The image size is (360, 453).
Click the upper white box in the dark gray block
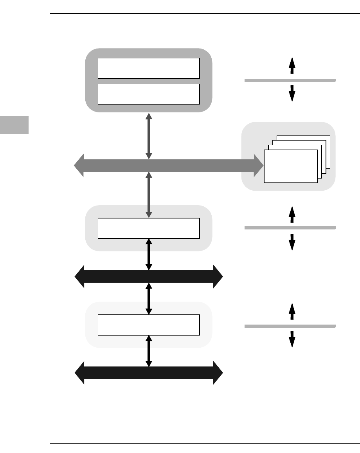pos(149,69)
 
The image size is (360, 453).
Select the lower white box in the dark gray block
pos(149,94)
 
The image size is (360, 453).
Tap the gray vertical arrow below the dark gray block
pos(149,136)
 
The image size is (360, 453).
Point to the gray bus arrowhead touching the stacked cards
pos(258,166)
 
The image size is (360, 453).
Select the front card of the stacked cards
pos(290,166)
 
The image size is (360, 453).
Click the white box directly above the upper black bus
pos(149,228)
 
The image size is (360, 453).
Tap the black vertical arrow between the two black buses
pos(149,299)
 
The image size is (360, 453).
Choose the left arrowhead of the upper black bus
pos(79,276)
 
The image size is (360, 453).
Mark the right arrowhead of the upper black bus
pos(218,276)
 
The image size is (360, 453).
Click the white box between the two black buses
pos(149,325)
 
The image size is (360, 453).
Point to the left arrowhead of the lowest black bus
pos(79,373)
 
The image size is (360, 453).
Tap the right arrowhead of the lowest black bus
pos(218,373)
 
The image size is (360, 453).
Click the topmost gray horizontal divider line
pos(290,80)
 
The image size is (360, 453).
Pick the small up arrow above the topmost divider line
pos(292,65)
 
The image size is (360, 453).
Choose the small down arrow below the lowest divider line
pos(292,339)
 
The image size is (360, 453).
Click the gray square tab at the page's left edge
pos(14,125)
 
